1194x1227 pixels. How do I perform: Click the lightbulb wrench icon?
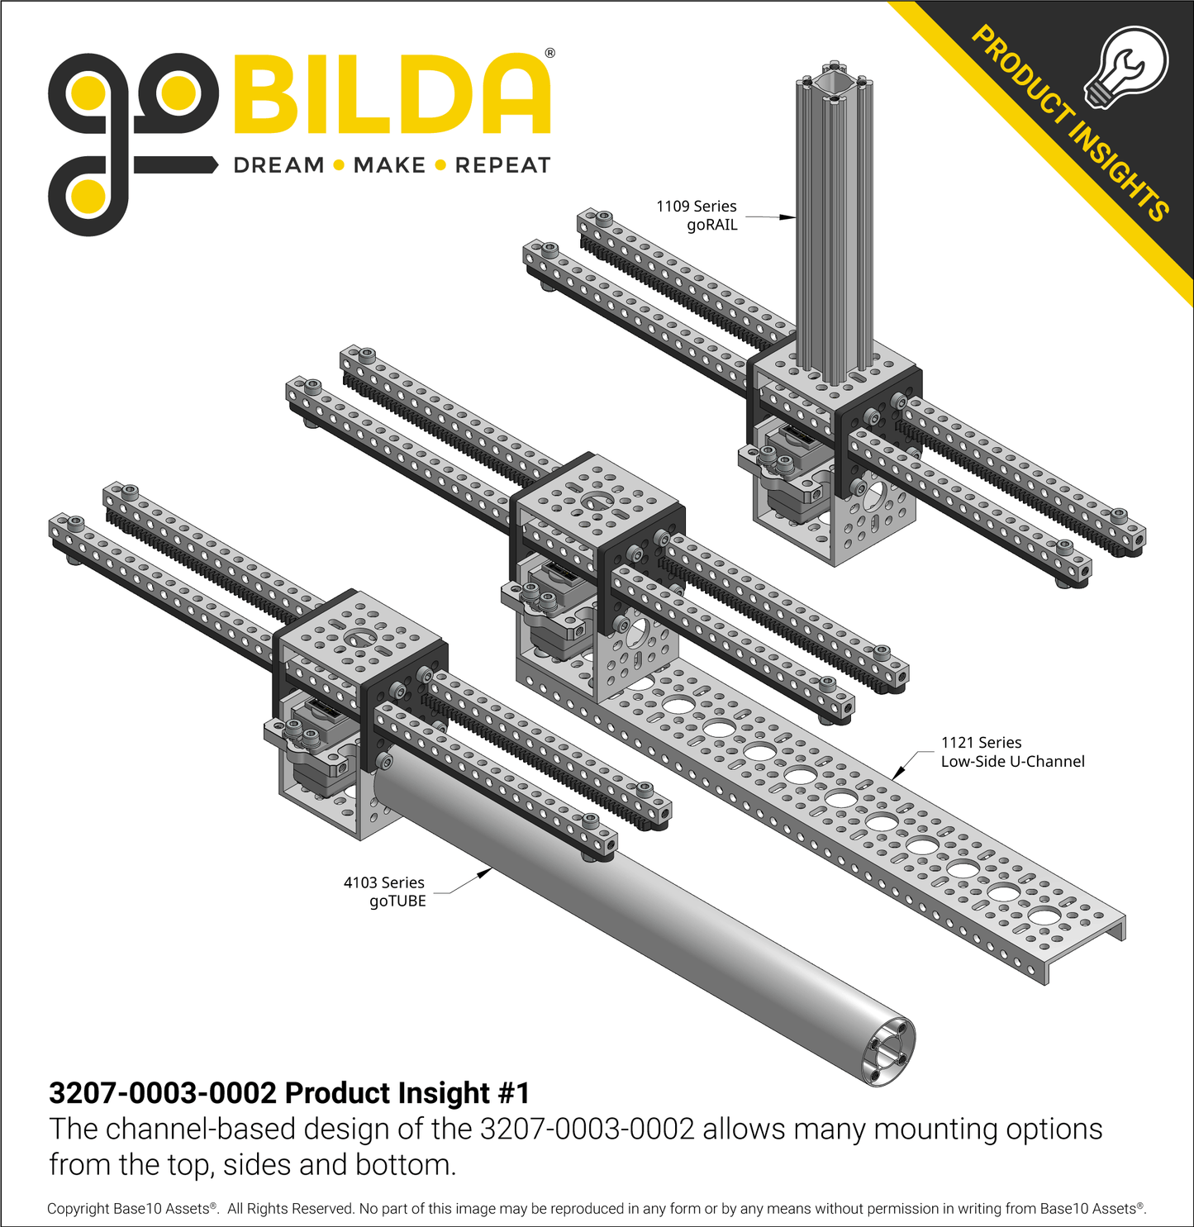coord(1127,66)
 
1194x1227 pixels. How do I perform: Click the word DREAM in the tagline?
coord(278,165)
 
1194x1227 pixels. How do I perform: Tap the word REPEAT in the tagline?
coord(502,165)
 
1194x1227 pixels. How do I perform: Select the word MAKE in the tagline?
coord(389,165)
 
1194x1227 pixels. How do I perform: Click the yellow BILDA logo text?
coord(392,95)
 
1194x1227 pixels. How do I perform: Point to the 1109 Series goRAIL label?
coord(697,216)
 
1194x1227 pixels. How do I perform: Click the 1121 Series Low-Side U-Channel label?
coord(1012,752)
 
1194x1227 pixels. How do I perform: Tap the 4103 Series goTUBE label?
coord(385,892)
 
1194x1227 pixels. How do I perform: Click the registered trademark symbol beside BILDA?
coord(550,54)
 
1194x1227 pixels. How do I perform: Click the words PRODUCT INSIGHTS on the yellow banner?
coord(1069,124)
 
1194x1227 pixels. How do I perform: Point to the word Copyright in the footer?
coord(78,1209)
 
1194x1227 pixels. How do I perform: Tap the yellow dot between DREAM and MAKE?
coord(339,165)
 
